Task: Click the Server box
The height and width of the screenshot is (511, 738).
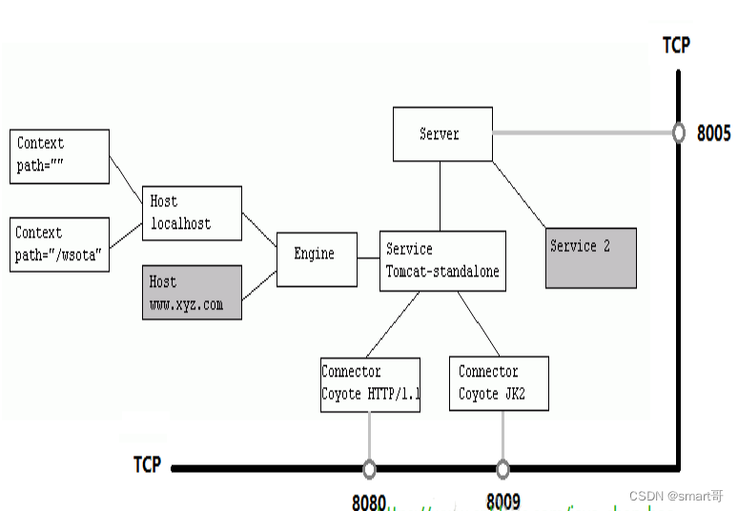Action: pos(442,133)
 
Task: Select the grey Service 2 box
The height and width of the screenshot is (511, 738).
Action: pos(590,256)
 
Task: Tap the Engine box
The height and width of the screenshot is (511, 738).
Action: pos(317,258)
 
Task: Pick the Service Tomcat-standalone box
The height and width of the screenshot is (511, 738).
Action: pos(441,260)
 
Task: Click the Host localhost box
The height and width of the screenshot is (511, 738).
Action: pos(191,213)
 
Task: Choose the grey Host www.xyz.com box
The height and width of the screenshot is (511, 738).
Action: pos(191,292)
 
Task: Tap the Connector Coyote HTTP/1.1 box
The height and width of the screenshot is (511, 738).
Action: pos(370,384)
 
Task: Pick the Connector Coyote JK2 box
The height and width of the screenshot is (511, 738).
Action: pos(499,383)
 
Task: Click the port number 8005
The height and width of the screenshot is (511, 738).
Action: pos(713,133)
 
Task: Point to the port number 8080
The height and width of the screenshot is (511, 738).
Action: pos(368,501)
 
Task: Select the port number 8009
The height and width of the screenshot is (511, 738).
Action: pos(502,501)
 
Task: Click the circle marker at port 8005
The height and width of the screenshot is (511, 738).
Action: pos(678,133)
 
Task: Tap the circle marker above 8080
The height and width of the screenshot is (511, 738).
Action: pos(369,468)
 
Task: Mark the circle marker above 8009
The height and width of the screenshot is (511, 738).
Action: pos(502,468)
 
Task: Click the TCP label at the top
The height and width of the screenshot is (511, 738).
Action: pos(676,45)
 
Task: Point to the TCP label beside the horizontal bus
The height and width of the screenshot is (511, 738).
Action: pos(147,465)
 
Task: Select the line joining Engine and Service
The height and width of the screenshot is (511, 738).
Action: pos(368,258)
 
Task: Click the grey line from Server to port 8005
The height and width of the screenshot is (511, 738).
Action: pos(582,133)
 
